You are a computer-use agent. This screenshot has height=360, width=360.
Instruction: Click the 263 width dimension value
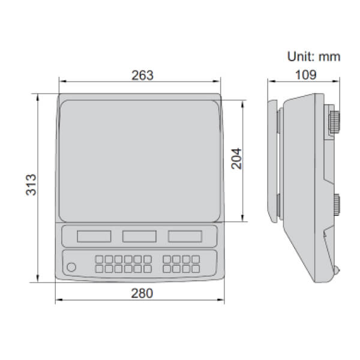[142, 75]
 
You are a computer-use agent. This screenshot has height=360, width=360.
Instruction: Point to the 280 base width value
[142, 293]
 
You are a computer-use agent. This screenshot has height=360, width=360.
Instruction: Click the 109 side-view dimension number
[304, 75]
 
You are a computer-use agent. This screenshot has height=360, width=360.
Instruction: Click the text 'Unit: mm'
[313, 57]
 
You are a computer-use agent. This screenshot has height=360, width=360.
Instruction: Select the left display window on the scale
[94, 236]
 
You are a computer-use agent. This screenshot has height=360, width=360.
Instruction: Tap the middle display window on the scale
[139, 236]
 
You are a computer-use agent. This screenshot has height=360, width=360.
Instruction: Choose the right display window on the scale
[184, 236]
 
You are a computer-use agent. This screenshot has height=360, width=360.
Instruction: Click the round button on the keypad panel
[72, 268]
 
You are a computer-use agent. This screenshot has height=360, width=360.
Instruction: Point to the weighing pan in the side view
[273, 161]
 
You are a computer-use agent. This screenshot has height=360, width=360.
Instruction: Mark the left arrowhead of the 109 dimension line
[269, 82]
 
